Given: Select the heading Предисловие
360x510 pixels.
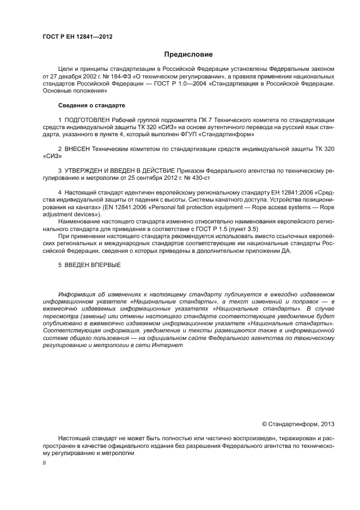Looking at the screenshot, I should [x=188, y=54].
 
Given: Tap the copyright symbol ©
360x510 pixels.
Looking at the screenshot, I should [x=265, y=423].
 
